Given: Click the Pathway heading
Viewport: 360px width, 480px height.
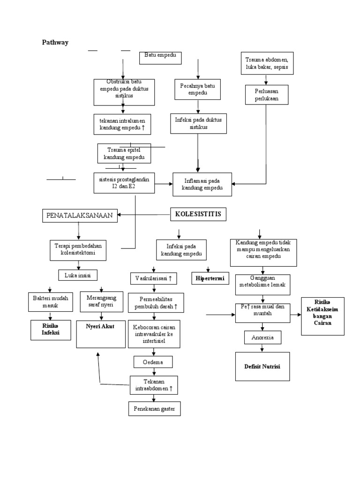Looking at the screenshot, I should pyautogui.click(x=55, y=43).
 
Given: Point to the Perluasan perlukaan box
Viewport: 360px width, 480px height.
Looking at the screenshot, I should pyautogui.click(x=266, y=94).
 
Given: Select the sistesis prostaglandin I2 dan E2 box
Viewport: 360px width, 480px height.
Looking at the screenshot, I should pyautogui.click(x=124, y=182).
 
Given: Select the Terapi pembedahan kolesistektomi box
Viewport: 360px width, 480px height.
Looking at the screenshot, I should pyautogui.click(x=78, y=250).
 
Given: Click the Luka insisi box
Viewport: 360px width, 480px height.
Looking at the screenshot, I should pyautogui.click(x=77, y=275).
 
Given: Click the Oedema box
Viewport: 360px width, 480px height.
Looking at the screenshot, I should pyautogui.click(x=153, y=362).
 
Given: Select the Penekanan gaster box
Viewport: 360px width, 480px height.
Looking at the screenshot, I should pyautogui.click(x=154, y=409).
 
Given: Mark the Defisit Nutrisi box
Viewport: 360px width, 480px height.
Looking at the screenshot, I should pyautogui.click(x=262, y=367).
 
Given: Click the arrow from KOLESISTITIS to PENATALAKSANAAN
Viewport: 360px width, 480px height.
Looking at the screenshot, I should pyautogui.click(x=143, y=215).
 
